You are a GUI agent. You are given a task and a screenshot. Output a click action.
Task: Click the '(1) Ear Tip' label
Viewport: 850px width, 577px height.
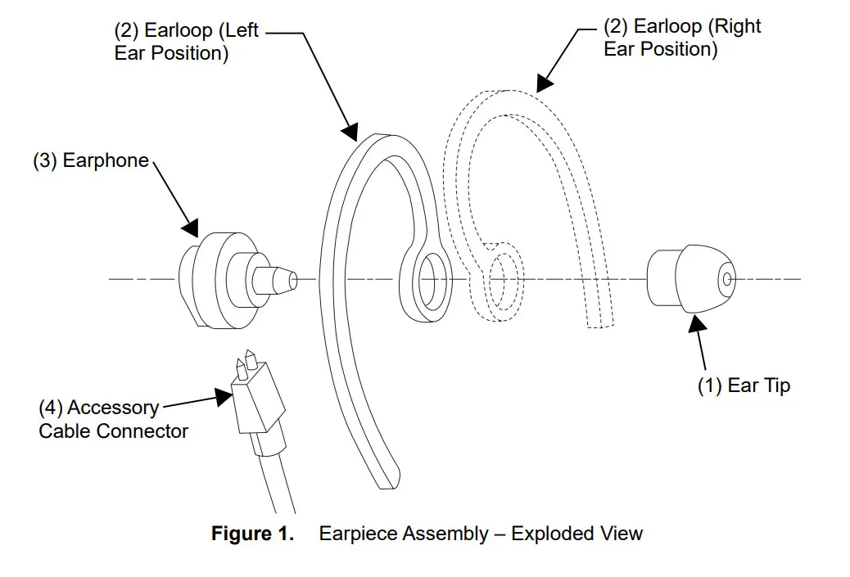pyautogui.click(x=744, y=385)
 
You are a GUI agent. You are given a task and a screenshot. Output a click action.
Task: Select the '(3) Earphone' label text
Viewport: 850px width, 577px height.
pyautogui.click(x=91, y=160)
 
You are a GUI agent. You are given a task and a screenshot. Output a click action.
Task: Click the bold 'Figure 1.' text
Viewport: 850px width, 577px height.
pyautogui.click(x=252, y=534)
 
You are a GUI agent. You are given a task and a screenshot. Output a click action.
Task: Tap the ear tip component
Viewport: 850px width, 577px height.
pyautogui.click(x=688, y=278)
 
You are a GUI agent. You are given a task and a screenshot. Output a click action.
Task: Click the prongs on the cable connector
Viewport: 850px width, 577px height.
pyautogui.click(x=248, y=364)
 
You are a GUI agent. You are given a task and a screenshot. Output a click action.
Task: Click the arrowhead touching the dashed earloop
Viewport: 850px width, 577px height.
pyautogui.click(x=543, y=83)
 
